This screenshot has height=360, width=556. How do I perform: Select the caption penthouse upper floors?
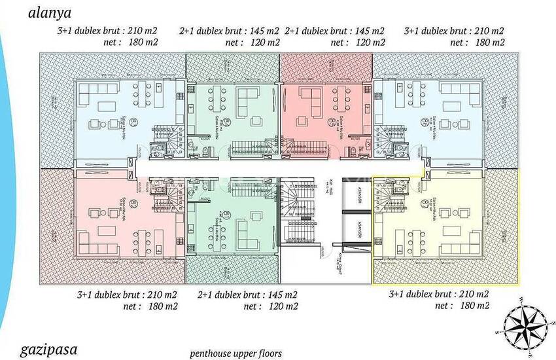(236, 353)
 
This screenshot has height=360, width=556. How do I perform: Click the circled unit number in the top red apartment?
(332, 122)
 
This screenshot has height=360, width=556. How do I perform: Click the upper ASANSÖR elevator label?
(359, 197)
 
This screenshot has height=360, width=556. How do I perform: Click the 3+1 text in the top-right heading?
(414, 31)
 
